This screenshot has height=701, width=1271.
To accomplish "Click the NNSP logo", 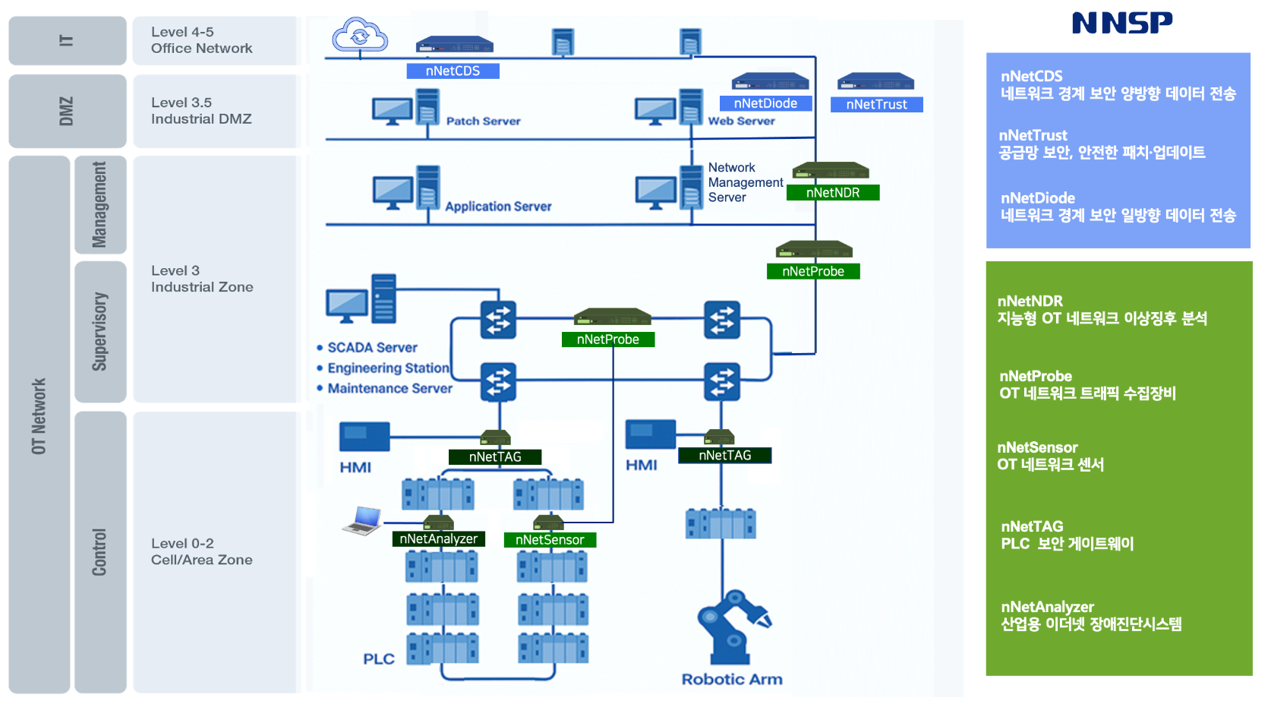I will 1122,23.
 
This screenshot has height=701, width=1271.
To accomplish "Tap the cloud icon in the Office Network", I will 360,34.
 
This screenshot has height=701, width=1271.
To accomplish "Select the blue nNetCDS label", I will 453,71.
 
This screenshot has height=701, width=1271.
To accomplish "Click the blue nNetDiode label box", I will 765,103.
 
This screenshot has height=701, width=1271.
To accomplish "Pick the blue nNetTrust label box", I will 876,105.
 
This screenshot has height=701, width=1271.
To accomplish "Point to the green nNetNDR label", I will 833,193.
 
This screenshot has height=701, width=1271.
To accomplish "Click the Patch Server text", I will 483,121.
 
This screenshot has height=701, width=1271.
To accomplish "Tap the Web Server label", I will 741,121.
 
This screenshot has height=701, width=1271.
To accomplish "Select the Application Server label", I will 498,207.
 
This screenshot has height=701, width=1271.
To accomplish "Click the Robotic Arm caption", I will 732,679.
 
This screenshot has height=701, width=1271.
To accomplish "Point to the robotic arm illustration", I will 732,626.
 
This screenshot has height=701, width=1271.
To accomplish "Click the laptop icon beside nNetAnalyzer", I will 363,520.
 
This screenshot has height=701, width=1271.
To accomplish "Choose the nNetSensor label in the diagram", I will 550,540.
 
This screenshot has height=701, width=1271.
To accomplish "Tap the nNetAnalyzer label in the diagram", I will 439,539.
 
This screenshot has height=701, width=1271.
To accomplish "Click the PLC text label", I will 378,658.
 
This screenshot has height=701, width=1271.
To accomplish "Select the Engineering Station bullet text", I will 388,368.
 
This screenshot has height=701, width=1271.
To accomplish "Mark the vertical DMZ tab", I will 67,111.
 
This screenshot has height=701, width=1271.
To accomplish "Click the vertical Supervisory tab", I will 99,332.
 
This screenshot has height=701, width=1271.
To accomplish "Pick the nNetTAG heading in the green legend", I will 1032,526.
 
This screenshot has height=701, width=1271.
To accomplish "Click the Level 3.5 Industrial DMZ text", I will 201,111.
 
